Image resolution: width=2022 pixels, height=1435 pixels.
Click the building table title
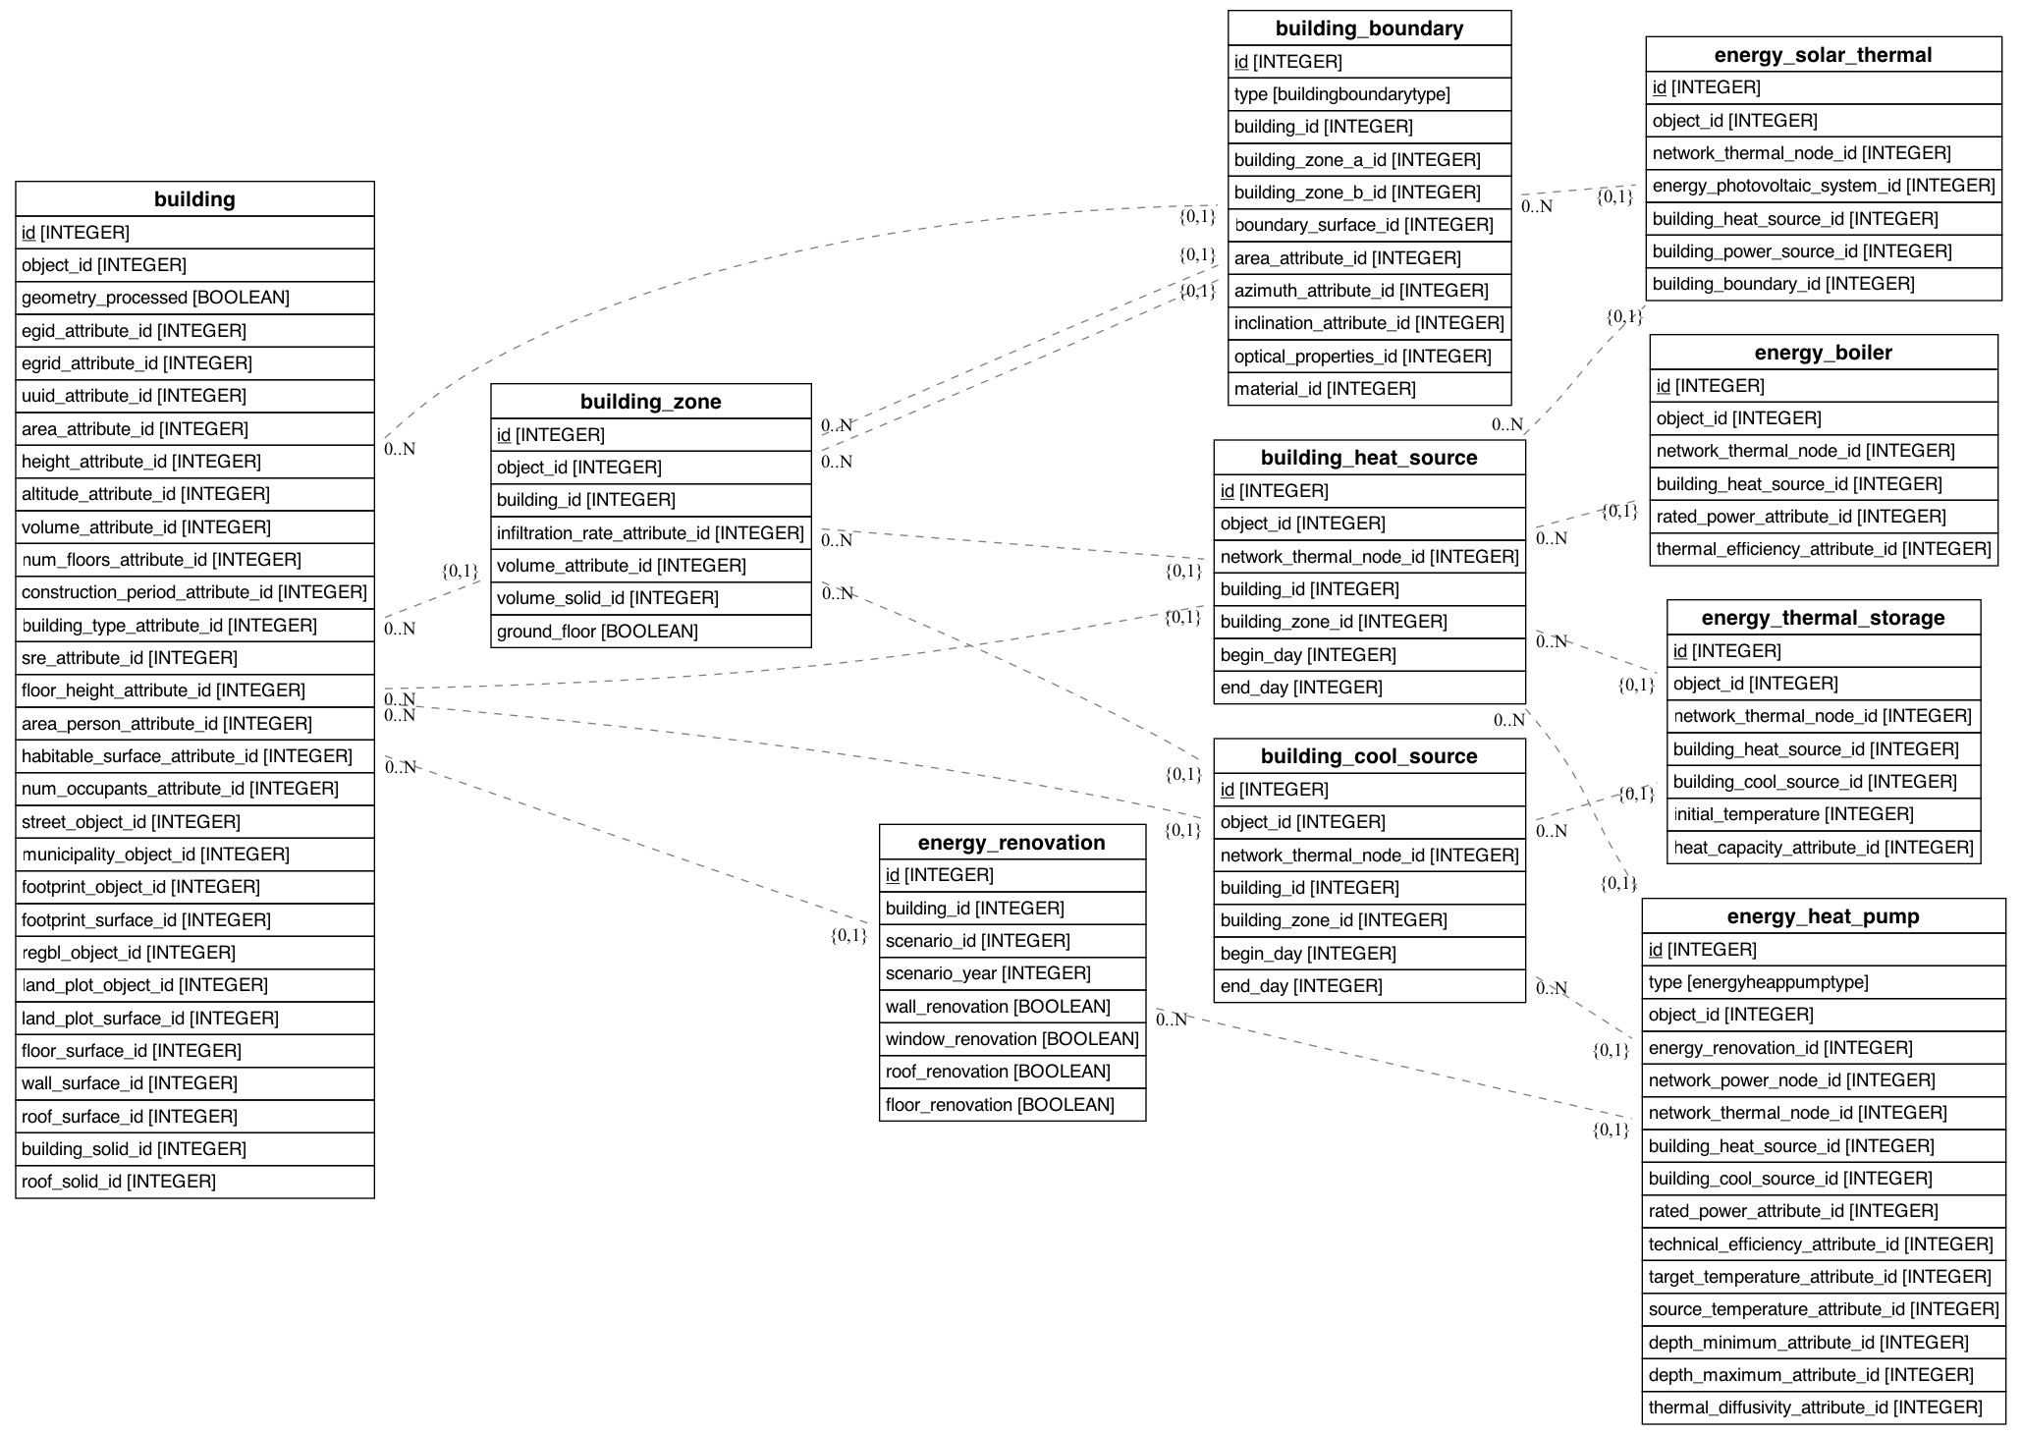tap(194, 199)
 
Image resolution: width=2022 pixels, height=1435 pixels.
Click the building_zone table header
tap(650, 402)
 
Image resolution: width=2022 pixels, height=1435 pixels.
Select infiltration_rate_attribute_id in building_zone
tap(650, 533)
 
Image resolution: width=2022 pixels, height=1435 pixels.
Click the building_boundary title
tap(1369, 28)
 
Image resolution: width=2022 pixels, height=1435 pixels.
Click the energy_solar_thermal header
tap(1823, 55)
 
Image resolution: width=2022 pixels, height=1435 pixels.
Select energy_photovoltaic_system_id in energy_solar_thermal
tap(1823, 186)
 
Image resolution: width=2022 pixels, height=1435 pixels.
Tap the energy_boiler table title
tap(1823, 353)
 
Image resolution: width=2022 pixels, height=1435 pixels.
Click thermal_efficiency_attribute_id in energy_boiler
tap(1823, 549)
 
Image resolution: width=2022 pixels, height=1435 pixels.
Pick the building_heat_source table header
tap(1369, 458)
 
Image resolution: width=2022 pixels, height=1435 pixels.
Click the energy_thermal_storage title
tap(1823, 618)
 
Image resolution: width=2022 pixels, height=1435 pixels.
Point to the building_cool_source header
tap(1369, 756)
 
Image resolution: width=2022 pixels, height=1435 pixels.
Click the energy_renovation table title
tap(1011, 843)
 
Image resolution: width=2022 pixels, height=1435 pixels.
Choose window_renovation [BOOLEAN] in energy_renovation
tap(1011, 1039)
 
